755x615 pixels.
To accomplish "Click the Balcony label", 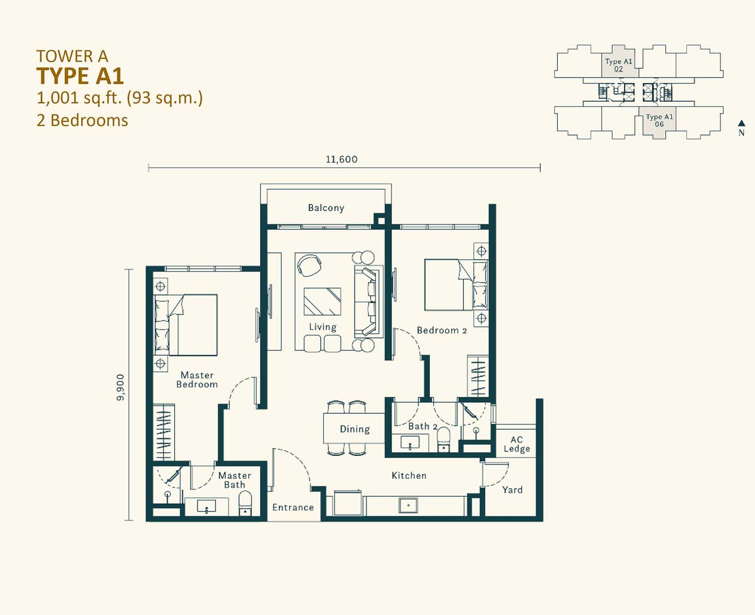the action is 326,208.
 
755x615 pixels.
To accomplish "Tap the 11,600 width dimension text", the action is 342,159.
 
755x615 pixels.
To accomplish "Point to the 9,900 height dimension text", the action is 121,387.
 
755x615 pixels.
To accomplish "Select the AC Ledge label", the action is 517,444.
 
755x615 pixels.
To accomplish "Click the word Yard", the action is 512,490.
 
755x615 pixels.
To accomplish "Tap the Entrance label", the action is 293,508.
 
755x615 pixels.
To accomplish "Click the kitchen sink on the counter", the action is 408,505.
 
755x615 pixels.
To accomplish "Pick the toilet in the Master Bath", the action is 245,503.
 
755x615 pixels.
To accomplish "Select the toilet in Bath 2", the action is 444,439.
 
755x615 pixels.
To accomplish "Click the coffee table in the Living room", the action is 322,302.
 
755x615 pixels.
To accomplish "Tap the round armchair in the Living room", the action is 309,265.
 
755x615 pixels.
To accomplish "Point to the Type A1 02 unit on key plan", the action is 619,65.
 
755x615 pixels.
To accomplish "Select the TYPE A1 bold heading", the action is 80,76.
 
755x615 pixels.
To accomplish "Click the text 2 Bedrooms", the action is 82,121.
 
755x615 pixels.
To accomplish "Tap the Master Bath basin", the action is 207,506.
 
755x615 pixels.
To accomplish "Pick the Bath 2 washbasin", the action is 410,443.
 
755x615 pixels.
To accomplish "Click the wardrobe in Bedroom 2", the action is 478,376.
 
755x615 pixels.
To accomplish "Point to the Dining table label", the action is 355,429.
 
